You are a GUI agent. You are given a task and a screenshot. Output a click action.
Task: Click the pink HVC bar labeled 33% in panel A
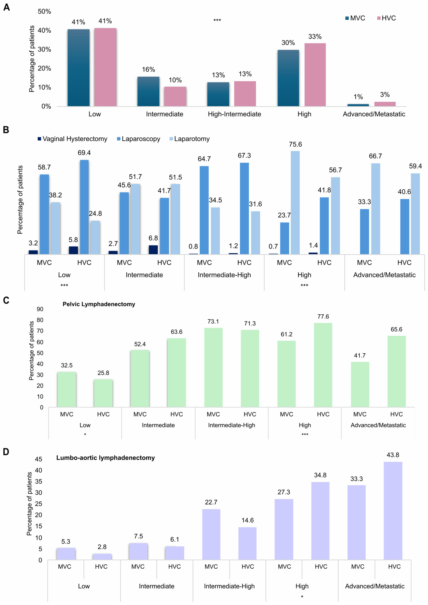(315, 75)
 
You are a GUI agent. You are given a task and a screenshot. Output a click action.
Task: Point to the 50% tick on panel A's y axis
(44, 12)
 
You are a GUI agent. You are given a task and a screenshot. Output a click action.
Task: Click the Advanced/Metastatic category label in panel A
(374, 114)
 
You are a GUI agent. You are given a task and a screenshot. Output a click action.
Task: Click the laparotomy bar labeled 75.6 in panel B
(295, 203)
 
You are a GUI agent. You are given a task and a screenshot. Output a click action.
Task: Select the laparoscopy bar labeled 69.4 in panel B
(84, 207)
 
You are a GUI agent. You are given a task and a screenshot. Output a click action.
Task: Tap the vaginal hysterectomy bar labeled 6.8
(153, 250)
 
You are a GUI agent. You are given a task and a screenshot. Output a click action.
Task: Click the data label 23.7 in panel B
(284, 215)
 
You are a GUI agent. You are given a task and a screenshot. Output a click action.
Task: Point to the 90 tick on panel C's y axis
(40, 309)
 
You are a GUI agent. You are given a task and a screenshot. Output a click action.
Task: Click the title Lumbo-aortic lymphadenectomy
(105, 458)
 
